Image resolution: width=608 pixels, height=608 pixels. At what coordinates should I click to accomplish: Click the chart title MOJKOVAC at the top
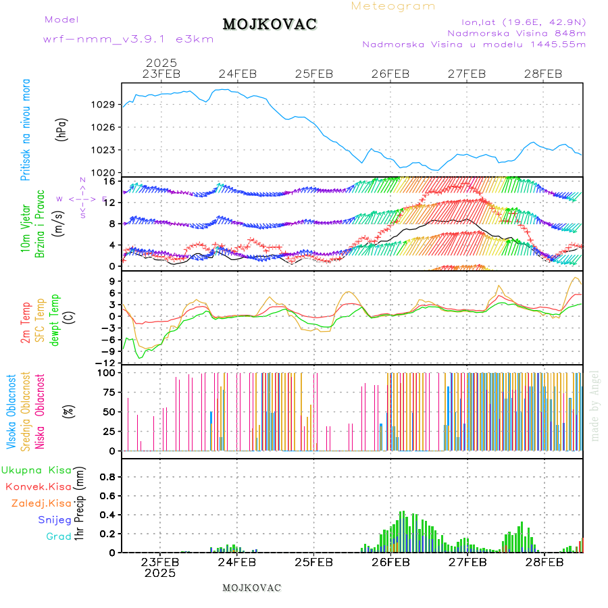[270, 24]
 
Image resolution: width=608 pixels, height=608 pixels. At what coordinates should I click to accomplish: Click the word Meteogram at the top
[393, 6]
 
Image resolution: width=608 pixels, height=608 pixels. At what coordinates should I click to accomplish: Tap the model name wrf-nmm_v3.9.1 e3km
[128, 39]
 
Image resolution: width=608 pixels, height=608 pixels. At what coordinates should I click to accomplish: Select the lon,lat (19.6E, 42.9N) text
[524, 22]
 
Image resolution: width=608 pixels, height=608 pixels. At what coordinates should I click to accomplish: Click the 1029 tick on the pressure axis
[103, 104]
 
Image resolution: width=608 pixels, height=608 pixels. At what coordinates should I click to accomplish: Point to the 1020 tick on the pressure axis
[103, 172]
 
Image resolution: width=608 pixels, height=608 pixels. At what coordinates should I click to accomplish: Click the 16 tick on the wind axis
[109, 181]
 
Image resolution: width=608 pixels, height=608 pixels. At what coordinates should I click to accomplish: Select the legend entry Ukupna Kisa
[36, 470]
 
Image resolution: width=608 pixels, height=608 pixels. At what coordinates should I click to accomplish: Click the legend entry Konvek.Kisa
[39, 486]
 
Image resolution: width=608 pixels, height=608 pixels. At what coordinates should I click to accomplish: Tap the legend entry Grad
[59, 536]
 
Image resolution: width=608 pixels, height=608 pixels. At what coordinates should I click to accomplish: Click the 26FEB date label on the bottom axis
[390, 561]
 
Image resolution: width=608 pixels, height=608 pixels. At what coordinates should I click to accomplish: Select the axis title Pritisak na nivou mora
[26, 130]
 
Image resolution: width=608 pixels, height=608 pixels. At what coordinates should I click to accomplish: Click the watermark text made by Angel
[595, 405]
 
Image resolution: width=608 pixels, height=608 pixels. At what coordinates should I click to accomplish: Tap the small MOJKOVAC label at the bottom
[251, 588]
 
